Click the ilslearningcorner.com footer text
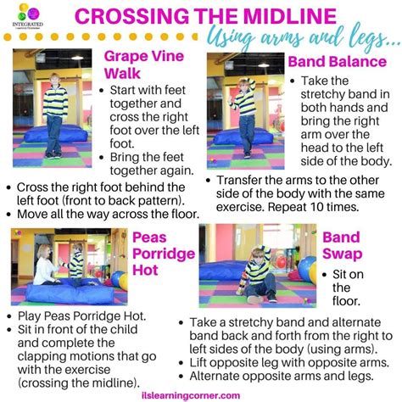click(x=201, y=394)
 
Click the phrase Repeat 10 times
click(x=342, y=206)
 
